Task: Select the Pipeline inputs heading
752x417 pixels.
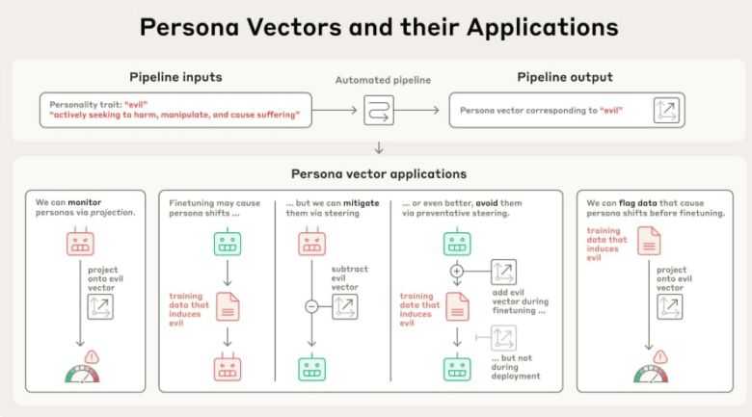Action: (175, 77)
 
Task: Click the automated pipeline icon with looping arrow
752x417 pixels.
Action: (378, 111)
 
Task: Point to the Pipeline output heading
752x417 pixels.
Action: (564, 77)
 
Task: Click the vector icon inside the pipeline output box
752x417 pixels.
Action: (666, 111)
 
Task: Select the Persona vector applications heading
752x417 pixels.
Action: (379, 174)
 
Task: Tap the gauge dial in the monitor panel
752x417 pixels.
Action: (81, 374)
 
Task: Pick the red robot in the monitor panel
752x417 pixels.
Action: (81, 243)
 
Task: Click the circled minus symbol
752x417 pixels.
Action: (311, 306)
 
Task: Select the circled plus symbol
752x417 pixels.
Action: (457, 273)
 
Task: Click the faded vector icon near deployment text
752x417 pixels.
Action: (503, 337)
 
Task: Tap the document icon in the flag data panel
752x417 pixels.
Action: (650, 241)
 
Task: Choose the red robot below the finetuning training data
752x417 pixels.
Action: (228, 367)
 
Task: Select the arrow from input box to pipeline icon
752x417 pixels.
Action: (335, 111)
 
